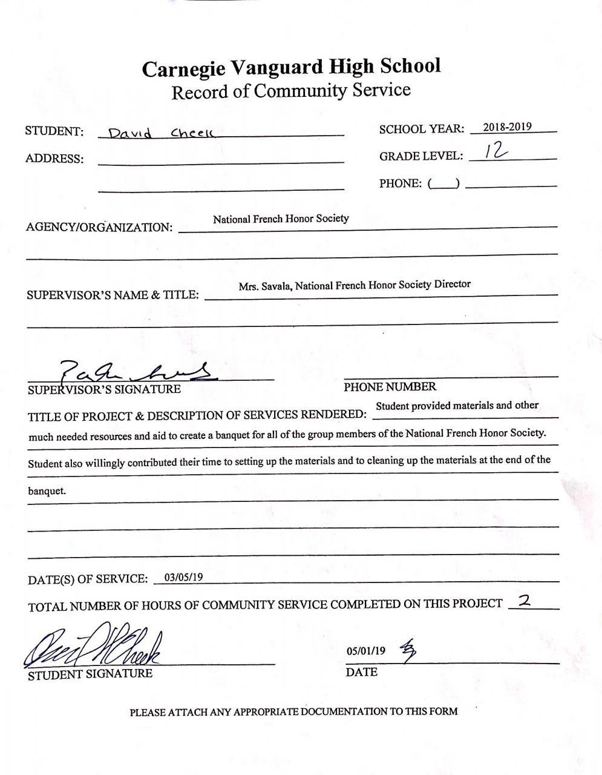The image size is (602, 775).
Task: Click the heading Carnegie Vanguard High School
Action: click(x=291, y=67)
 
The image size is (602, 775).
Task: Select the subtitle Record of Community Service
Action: click(x=291, y=91)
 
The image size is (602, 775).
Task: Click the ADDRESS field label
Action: click(x=54, y=159)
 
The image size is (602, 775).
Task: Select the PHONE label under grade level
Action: click(x=400, y=183)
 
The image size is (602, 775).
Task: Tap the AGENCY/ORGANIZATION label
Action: click(x=99, y=228)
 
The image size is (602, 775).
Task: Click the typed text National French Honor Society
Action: click(x=281, y=219)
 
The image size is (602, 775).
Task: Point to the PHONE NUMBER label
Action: click(x=390, y=387)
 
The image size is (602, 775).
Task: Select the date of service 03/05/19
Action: click(x=183, y=576)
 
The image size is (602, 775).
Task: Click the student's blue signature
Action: click(x=94, y=648)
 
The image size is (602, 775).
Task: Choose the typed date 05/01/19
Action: click(x=365, y=651)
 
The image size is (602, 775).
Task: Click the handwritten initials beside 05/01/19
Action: click(x=408, y=650)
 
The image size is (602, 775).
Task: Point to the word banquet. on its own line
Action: click(x=47, y=491)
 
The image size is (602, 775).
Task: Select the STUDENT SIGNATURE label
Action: click(x=90, y=674)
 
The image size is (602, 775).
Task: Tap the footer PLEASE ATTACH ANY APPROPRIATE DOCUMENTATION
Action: click(x=293, y=711)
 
